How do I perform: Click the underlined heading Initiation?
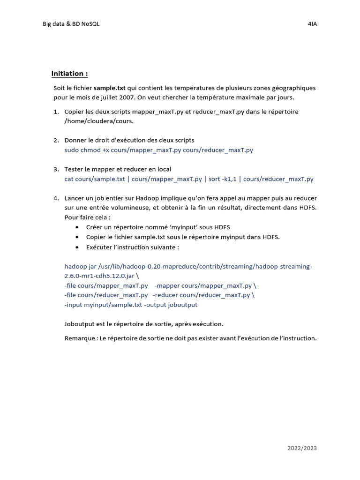(69, 74)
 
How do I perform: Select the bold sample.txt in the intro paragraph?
(110, 88)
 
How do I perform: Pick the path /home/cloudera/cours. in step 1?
(99, 121)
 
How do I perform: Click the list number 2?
(56, 140)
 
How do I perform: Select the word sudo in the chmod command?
(72, 150)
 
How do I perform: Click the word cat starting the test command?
(69, 179)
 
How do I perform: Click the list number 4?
(56, 198)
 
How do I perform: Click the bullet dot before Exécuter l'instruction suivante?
(77, 247)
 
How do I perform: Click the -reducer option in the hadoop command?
(165, 295)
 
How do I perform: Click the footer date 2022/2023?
(302, 448)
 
